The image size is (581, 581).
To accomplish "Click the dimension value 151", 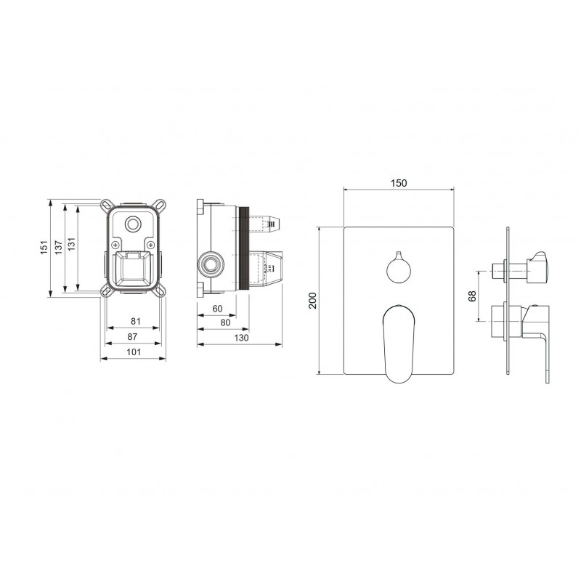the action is tap(44, 248).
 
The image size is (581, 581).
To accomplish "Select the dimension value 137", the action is tap(59, 248).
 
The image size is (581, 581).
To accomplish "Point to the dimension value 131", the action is tap(71, 244).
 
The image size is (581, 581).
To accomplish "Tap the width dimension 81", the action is tap(136, 321).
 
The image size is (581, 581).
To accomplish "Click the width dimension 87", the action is tap(132, 337).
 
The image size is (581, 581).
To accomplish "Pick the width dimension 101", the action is tap(134, 352).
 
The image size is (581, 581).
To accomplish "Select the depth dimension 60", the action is tap(217, 309).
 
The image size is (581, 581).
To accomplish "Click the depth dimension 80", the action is tap(225, 322).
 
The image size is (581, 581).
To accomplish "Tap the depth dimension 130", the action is tap(241, 338).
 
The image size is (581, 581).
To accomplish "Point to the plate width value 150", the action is tap(399, 183).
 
